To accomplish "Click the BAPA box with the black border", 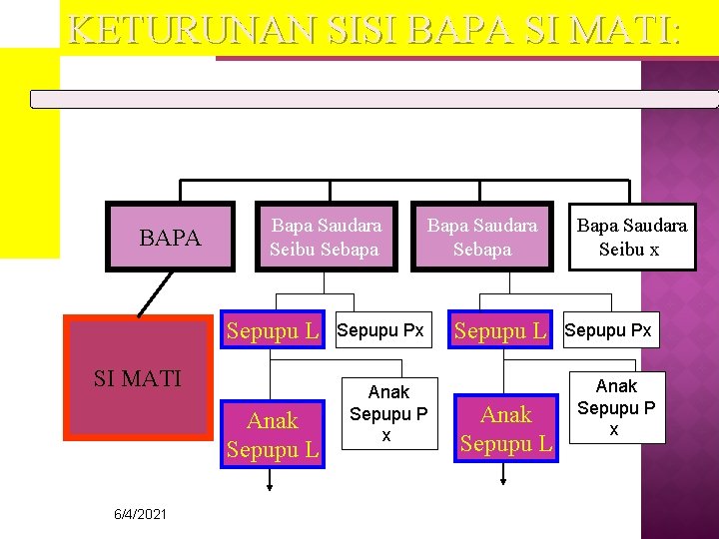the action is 170,238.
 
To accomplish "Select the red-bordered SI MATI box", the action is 138,378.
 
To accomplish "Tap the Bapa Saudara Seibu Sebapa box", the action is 326,238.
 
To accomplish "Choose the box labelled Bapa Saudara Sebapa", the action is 482,238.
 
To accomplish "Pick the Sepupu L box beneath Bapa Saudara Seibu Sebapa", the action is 273,331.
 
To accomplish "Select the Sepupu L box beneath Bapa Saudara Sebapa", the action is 501,331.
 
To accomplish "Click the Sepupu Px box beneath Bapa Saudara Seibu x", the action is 608,330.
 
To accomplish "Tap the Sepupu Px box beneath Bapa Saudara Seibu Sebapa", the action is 380,330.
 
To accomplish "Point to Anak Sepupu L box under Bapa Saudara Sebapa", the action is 506,429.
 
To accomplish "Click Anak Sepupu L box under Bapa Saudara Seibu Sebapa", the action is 273,435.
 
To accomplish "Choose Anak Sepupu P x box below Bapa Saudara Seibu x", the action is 616,407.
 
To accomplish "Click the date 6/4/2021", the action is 140,514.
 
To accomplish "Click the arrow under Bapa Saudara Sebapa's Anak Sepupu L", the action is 504,476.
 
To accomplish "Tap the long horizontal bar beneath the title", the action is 373,99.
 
